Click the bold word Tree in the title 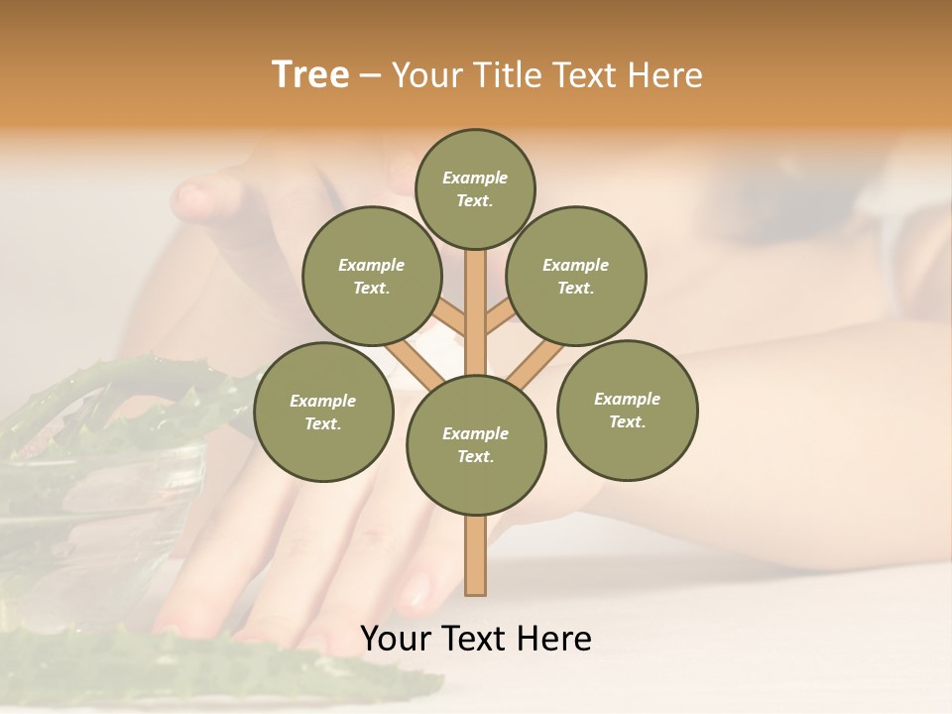[310, 75]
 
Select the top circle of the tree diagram [475, 188]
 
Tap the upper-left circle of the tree [372, 276]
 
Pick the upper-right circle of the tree [576, 276]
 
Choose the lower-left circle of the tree [323, 412]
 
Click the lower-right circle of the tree [627, 410]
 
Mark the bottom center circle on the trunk [476, 445]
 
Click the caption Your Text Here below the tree [476, 639]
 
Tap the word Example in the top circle [475, 178]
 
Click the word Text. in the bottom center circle [475, 457]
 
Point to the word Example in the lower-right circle [627, 399]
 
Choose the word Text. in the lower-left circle [322, 424]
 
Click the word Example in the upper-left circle [372, 265]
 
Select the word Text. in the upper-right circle [575, 289]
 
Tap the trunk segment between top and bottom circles [476, 312]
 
